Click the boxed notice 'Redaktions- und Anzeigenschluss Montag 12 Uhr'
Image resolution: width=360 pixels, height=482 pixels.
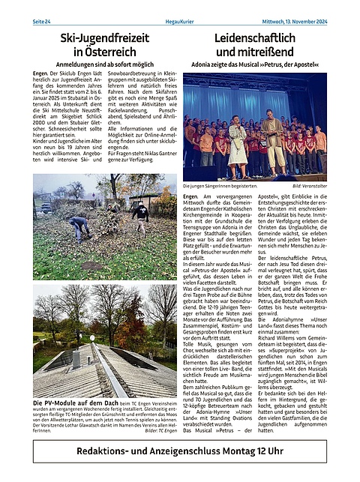(x=179, y=452)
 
